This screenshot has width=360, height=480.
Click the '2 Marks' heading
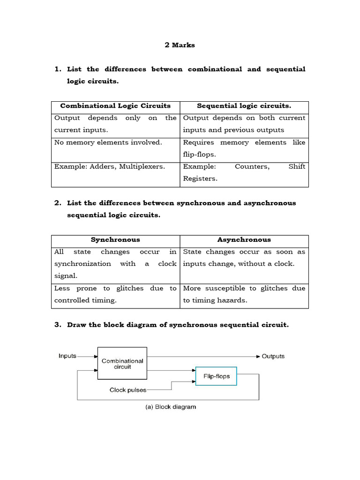coord(180,45)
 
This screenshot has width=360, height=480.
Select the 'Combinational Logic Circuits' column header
coord(115,106)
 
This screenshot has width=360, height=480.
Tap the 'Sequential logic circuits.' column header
coord(244,106)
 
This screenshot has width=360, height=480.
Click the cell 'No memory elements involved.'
coord(108,142)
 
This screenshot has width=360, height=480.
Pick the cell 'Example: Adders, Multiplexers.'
coord(110,167)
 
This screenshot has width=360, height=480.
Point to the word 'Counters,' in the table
coord(252,167)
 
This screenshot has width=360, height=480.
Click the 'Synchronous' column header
coord(115,240)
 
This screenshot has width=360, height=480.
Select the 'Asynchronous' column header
coord(244,240)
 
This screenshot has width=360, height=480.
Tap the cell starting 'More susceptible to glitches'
coord(244,294)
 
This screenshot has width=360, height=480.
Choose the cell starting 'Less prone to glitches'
coord(115,294)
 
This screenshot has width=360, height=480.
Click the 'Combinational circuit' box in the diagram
coord(122,364)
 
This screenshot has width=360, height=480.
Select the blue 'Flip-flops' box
coord(216,376)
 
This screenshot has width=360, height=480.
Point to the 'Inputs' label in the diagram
coord(67,356)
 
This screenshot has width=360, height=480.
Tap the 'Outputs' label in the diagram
coord(273,356)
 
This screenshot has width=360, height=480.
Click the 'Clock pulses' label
coord(128,390)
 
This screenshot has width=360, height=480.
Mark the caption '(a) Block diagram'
coord(170,407)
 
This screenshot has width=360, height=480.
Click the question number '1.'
coord(58,69)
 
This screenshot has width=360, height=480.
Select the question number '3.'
coord(58,325)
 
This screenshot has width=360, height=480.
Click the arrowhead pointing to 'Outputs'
coord(257,356)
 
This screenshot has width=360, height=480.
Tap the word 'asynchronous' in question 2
coord(272,203)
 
